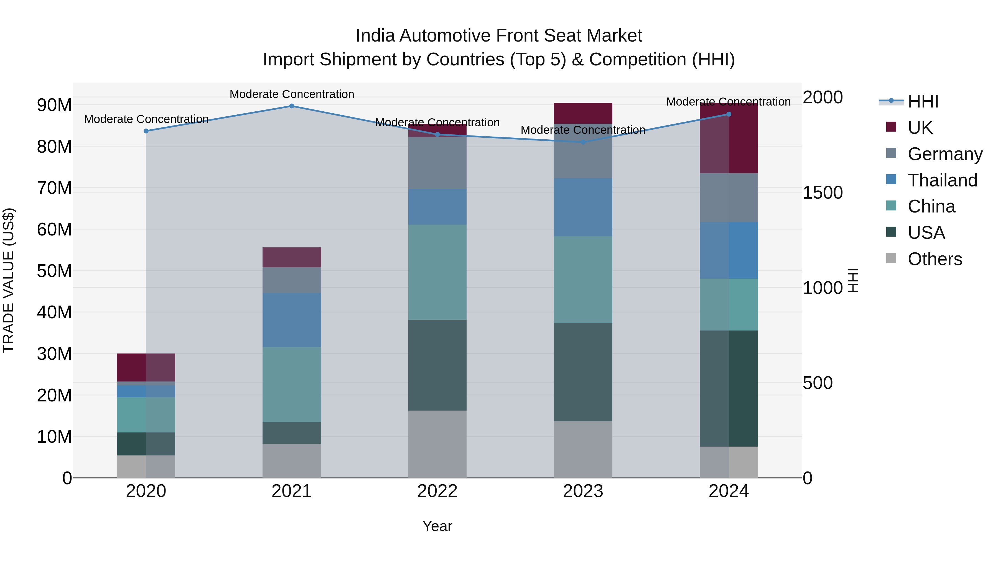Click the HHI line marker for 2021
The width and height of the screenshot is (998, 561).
pos(292,106)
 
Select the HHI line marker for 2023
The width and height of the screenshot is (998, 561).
pos(583,142)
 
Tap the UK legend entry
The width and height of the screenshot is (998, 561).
pos(920,128)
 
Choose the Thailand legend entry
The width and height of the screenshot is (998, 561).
pos(942,180)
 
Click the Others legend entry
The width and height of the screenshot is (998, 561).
pos(935,259)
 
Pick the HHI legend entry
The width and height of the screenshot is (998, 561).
pos(923,101)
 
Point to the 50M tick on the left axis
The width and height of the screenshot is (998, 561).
pos(54,271)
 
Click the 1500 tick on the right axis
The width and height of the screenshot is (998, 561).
pos(822,193)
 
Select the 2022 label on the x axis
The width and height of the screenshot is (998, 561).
pos(437,491)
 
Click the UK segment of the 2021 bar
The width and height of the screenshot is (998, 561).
pos(292,257)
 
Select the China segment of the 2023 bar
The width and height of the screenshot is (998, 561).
pos(583,280)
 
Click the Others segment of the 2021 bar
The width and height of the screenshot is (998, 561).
pos(292,460)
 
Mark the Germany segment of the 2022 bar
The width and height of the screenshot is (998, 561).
pos(437,163)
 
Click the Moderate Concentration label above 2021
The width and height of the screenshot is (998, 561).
pos(292,94)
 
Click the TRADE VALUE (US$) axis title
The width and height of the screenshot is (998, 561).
pos(9,280)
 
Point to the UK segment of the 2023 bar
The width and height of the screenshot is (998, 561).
pos(583,113)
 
